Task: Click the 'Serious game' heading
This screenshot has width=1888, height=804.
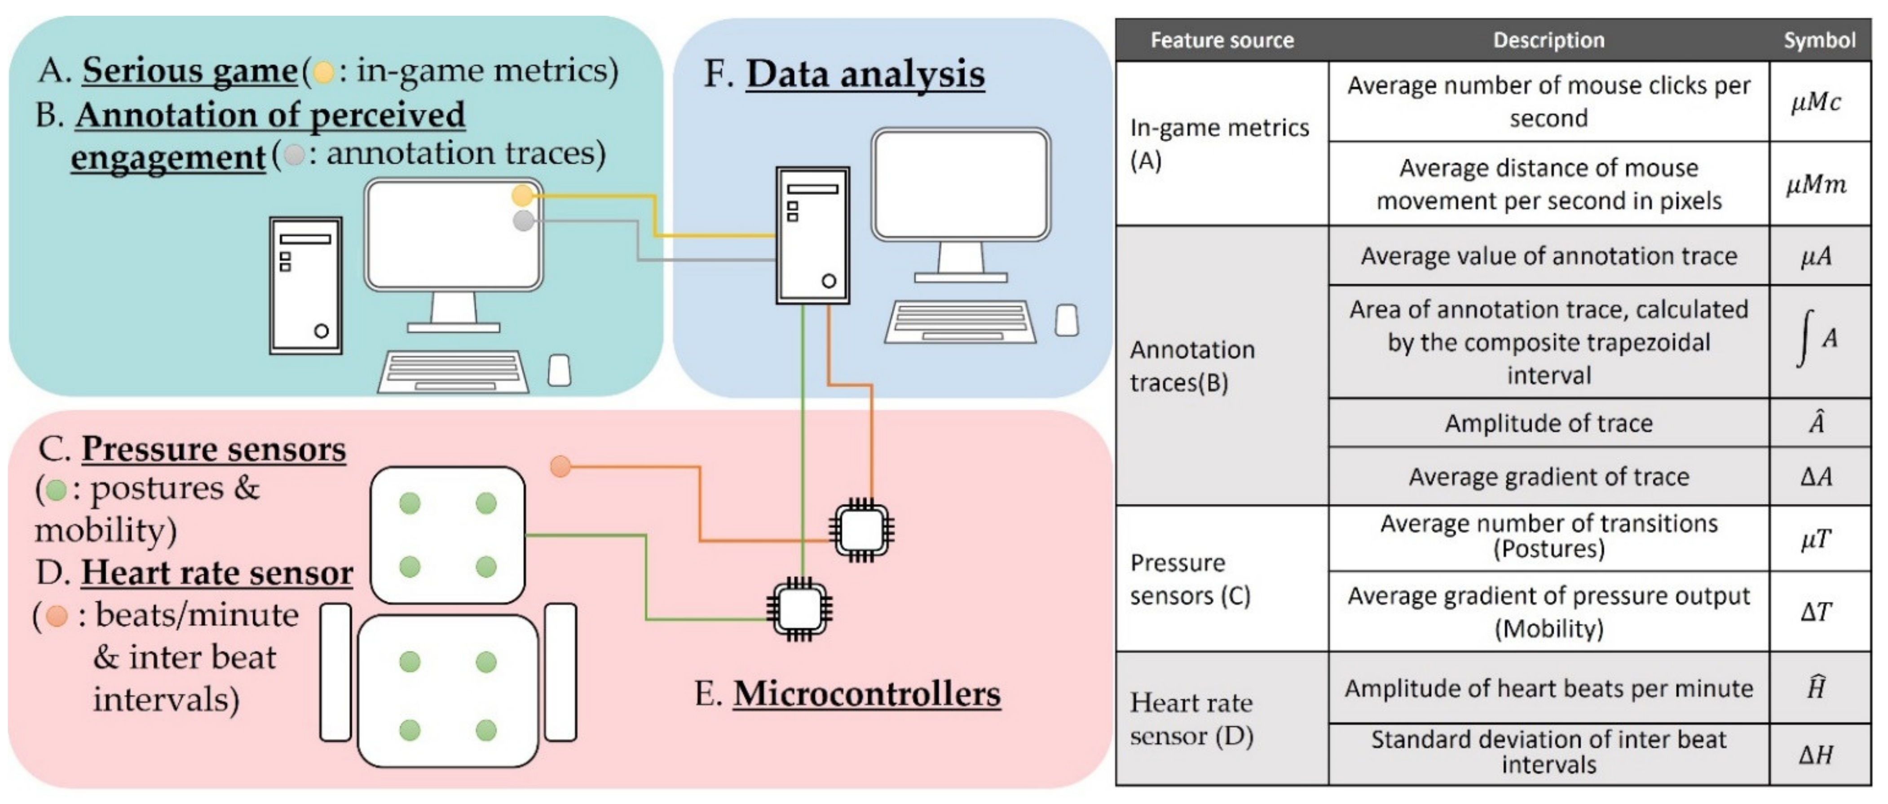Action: [x=189, y=71]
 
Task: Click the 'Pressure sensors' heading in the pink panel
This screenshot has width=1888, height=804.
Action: [x=213, y=449]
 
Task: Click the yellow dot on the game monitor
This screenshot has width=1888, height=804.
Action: [x=522, y=196]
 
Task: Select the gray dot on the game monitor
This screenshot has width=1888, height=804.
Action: [x=523, y=220]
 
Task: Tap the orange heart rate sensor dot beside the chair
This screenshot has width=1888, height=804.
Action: [x=560, y=466]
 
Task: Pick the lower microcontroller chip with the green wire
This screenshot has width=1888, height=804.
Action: [x=799, y=608]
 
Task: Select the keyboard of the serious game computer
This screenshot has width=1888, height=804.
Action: [x=453, y=371]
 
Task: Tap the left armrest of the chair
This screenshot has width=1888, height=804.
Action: [x=335, y=672]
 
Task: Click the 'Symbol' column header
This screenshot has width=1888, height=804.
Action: [x=1819, y=40]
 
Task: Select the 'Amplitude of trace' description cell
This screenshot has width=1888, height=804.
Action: [x=1548, y=423]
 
